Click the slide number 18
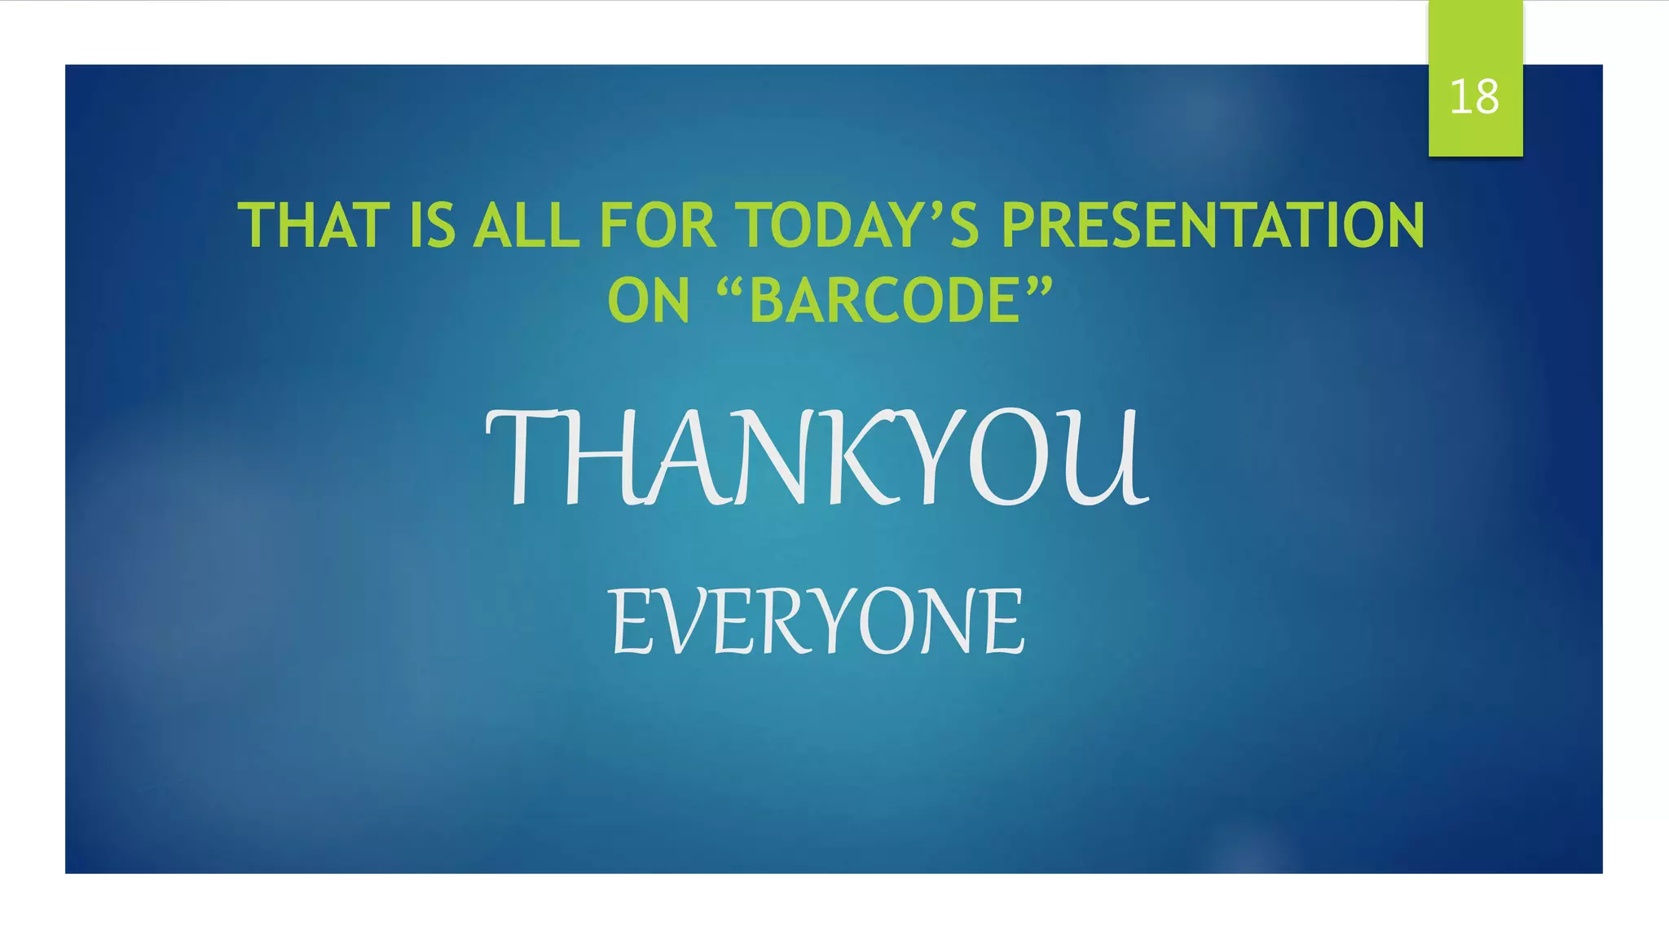pyautogui.click(x=1474, y=97)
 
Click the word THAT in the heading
pyautogui.click(x=313, y=226)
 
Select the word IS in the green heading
pyautogui.click(x=431, y=226)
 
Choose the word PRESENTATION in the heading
pyautogui.click(x=1213, y=226)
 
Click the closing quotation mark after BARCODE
pyautogui.click(x=1039, y=285)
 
